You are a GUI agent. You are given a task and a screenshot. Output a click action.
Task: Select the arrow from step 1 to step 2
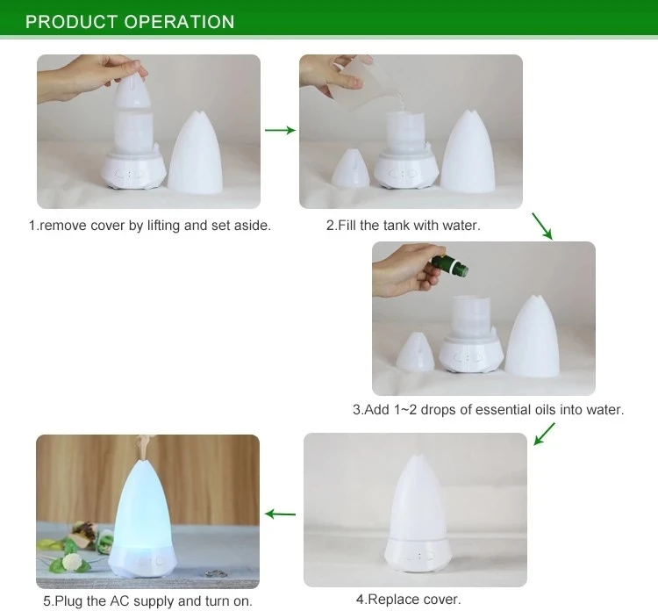click(280, 130)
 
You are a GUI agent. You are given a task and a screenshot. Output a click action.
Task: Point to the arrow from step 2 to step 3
click(543, 226)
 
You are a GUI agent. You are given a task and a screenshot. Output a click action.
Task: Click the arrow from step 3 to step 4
click(544, 433)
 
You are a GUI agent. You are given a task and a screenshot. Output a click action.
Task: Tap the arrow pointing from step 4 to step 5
click(281, 514)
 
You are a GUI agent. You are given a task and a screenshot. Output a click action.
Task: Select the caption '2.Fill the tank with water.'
click(404, 226)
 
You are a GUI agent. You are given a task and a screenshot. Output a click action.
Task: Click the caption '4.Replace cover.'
click(408, 600)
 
